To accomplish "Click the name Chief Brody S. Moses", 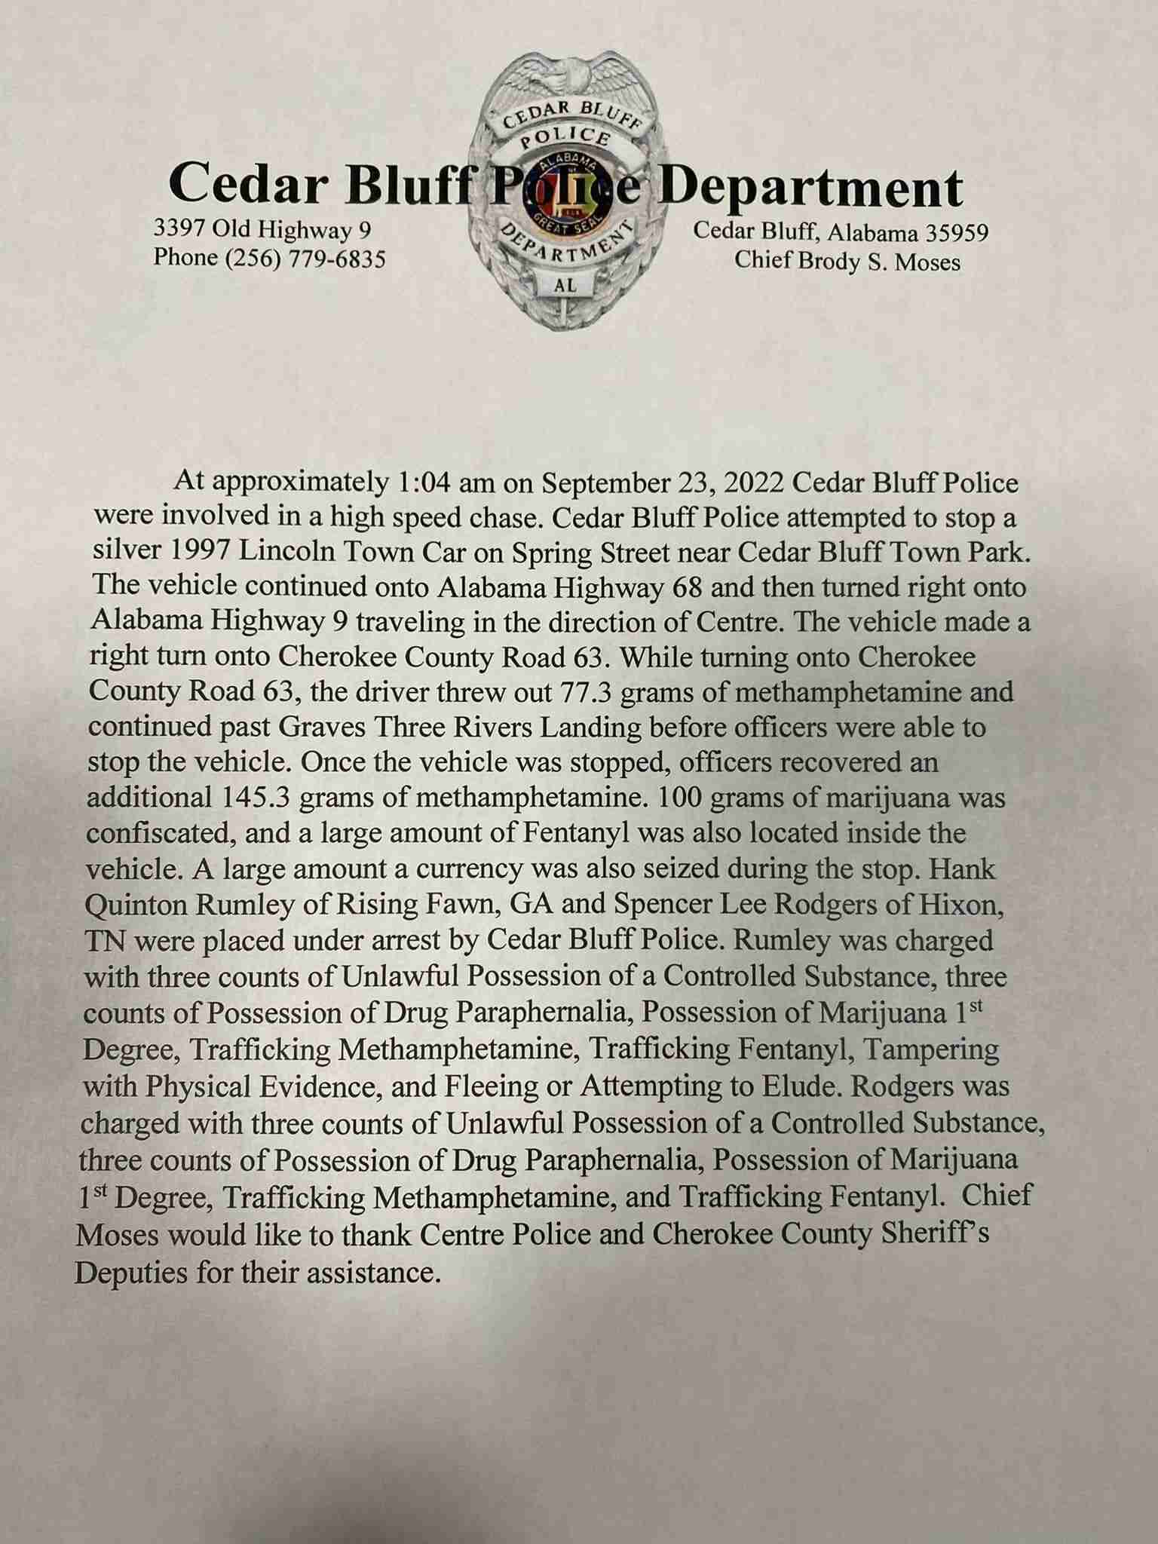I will click(847, 262).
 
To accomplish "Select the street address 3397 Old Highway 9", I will click(263, 228).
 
